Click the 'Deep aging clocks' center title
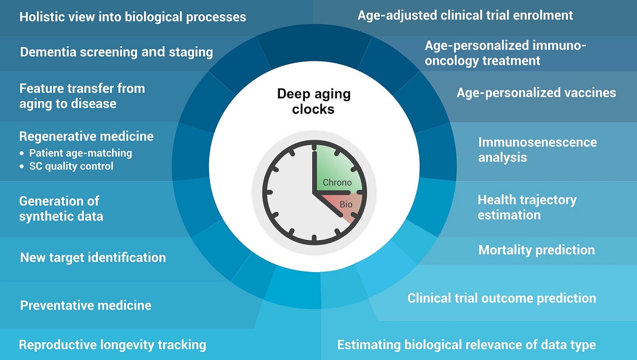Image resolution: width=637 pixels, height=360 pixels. pyautogui.click(x=314, y=101)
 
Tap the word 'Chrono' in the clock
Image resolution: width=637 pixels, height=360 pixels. pyautogui.click(x=337, y=182)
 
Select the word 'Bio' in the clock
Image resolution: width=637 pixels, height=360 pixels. pyautogui.click(x=346, y=204)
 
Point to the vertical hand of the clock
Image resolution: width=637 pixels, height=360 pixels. pyautogui.click(x=315, y=172)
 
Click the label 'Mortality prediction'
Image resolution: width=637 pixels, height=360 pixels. pyautogui.click(x=537, y=250)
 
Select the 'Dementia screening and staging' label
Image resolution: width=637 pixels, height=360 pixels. pyautogui.click(x=116, y=52)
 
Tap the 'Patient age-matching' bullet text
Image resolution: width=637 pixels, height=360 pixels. pyautogui.click(x=81, y=153)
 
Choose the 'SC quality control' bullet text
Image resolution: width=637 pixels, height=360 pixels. pyautogui.click(x=71, y=166)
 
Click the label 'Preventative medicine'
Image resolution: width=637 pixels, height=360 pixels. pyautogui.click(x=86, y=305)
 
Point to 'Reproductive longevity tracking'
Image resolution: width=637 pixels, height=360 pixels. pyautogui.click(x=112, y=345)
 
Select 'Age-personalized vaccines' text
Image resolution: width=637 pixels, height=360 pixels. pyautogui.click(x=536, y=93)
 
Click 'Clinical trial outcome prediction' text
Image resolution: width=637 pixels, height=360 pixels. pyautogui.click(x=502, y=298)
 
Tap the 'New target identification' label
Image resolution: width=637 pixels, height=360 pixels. pyautogui.click(x=93, y=258)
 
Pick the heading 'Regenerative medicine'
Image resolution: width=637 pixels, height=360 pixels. pyautogui.click(x=87, y=136)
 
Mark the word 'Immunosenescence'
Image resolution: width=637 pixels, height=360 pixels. pyautogui.click(x=537, y=142)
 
